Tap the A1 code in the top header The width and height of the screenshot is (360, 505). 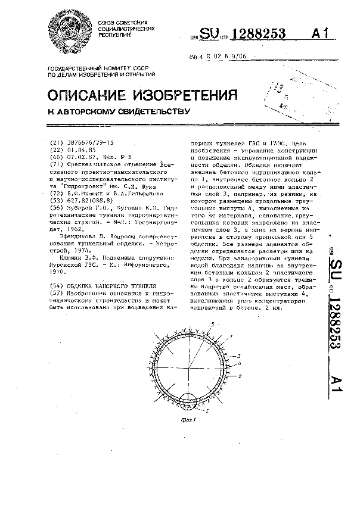[320, 35]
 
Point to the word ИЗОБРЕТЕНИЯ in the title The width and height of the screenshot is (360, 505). [186, 96]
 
